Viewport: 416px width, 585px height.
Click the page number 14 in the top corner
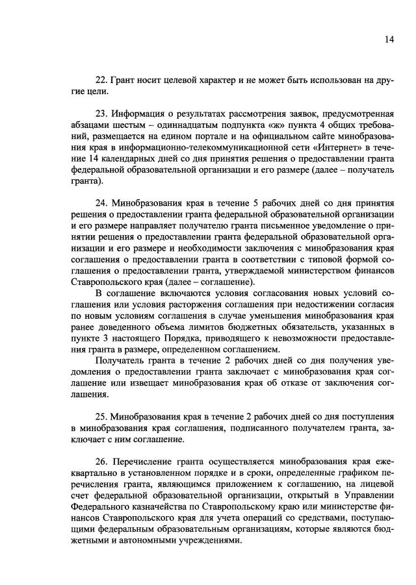tap(389, 40)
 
